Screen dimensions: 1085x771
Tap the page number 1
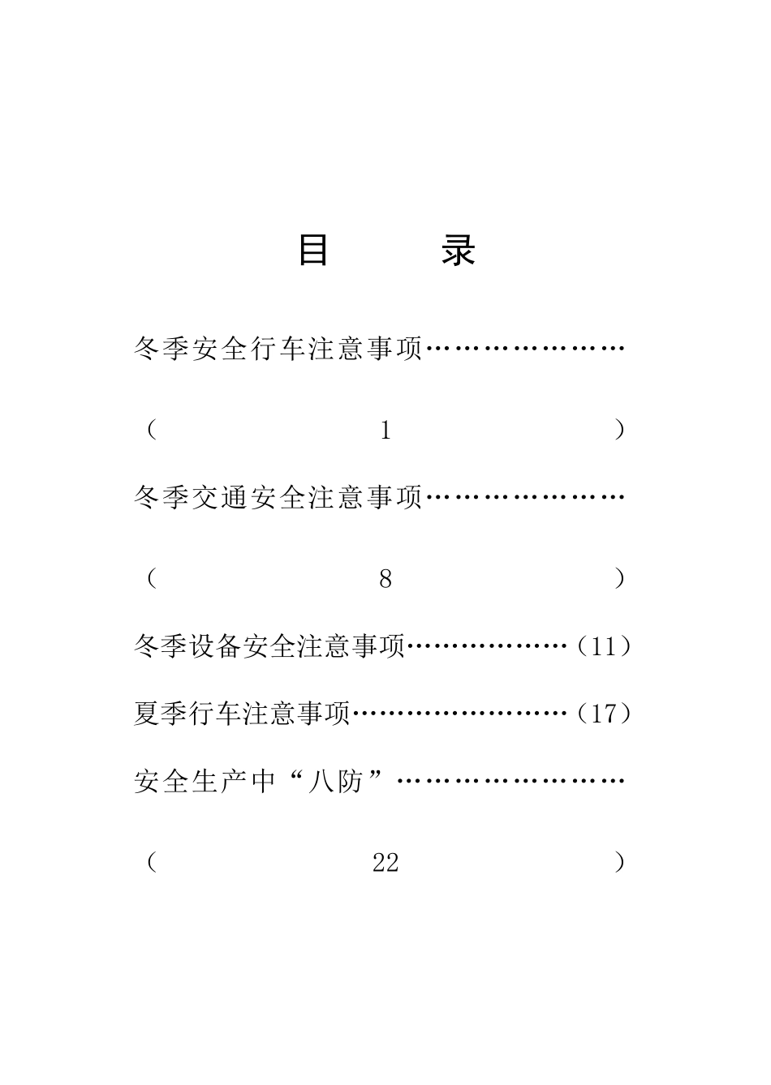click(x=385, y=431)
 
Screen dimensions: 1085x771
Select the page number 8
click(x=385, y=579)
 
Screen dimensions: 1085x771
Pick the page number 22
click(x=385, y=863)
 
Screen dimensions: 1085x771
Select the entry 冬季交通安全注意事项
click(x=278, y=497)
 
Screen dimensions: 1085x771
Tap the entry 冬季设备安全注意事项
click(x=269, y=646)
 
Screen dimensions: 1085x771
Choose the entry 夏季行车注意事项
click(x=242, y=714)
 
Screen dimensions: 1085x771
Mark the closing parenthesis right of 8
click(x=620, y=578)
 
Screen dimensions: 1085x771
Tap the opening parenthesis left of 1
click(x=152, y=430)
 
